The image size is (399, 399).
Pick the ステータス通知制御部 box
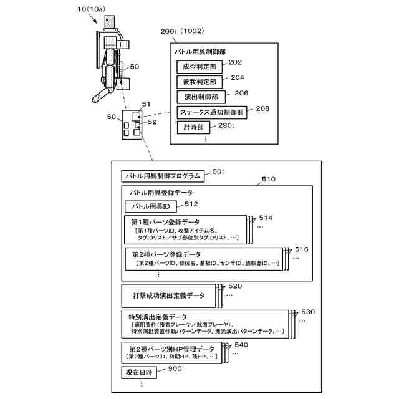(x=212, y=113)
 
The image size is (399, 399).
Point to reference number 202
(x=236, y=62)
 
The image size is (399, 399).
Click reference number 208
(x=262, y=108)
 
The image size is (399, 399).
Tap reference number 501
(x=219, y=171)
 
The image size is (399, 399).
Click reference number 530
(x=308, y=311)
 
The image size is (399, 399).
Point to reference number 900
(x=175, y=369)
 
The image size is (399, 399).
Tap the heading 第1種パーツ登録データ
(x=166, y=222)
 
